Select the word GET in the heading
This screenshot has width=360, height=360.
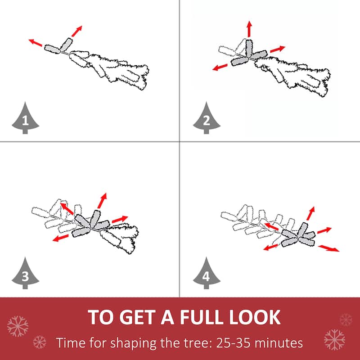138,317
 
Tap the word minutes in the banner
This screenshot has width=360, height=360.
279,343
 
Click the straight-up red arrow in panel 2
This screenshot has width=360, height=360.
249,29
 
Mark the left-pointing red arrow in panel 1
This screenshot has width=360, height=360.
36,42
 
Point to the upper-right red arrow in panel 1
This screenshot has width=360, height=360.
76,31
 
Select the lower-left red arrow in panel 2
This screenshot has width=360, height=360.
220,67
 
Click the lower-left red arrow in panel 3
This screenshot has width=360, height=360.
61,238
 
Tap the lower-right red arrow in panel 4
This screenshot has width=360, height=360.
328,248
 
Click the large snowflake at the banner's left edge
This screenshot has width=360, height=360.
18,326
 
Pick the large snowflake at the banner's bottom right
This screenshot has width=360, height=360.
334,340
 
